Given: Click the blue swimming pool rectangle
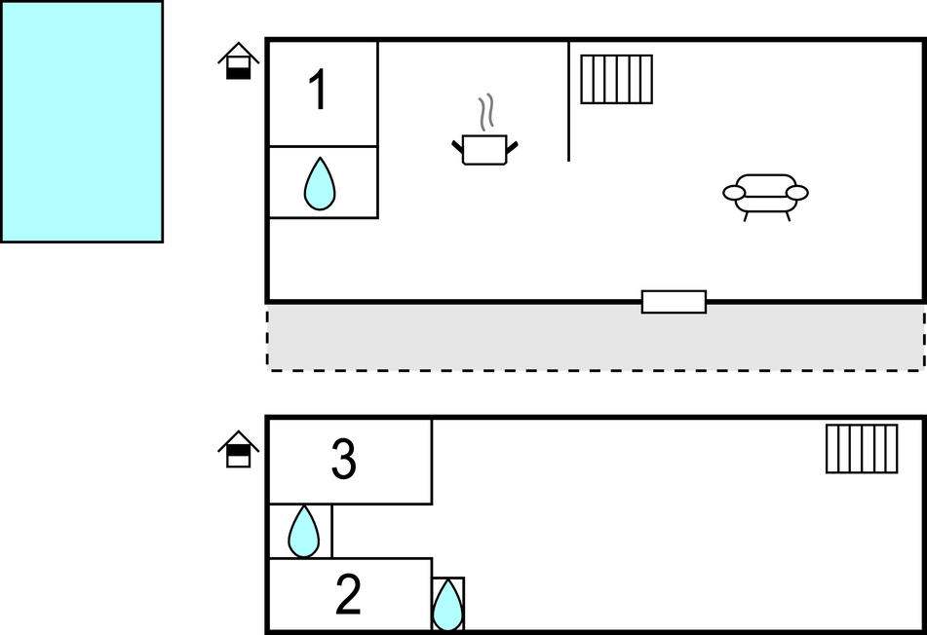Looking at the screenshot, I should click(81, 121).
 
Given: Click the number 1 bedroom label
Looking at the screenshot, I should click(319, 92).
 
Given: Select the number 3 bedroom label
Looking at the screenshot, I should click(343, 460).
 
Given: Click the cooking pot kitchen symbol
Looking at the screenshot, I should click(484, 149).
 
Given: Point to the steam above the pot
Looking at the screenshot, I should click(485, 112).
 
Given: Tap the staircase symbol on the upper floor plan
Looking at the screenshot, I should click(616, 79).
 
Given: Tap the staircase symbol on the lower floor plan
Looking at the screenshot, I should click(862, 448).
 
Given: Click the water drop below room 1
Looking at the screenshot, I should click(320, 184).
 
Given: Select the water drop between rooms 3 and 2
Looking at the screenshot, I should click(304, 532).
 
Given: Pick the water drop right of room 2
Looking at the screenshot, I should click(447, 605).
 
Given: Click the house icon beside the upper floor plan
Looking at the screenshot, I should click(239, 60).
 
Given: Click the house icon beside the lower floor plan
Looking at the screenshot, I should click(239, 449).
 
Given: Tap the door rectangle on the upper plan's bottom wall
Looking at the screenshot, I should click(674, 302).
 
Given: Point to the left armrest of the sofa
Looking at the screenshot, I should click(734, 193).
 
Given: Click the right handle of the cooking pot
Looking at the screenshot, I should click(512, 146).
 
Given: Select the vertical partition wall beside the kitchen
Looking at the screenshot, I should click(568, 101).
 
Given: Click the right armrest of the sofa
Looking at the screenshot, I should click(797, 193).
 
